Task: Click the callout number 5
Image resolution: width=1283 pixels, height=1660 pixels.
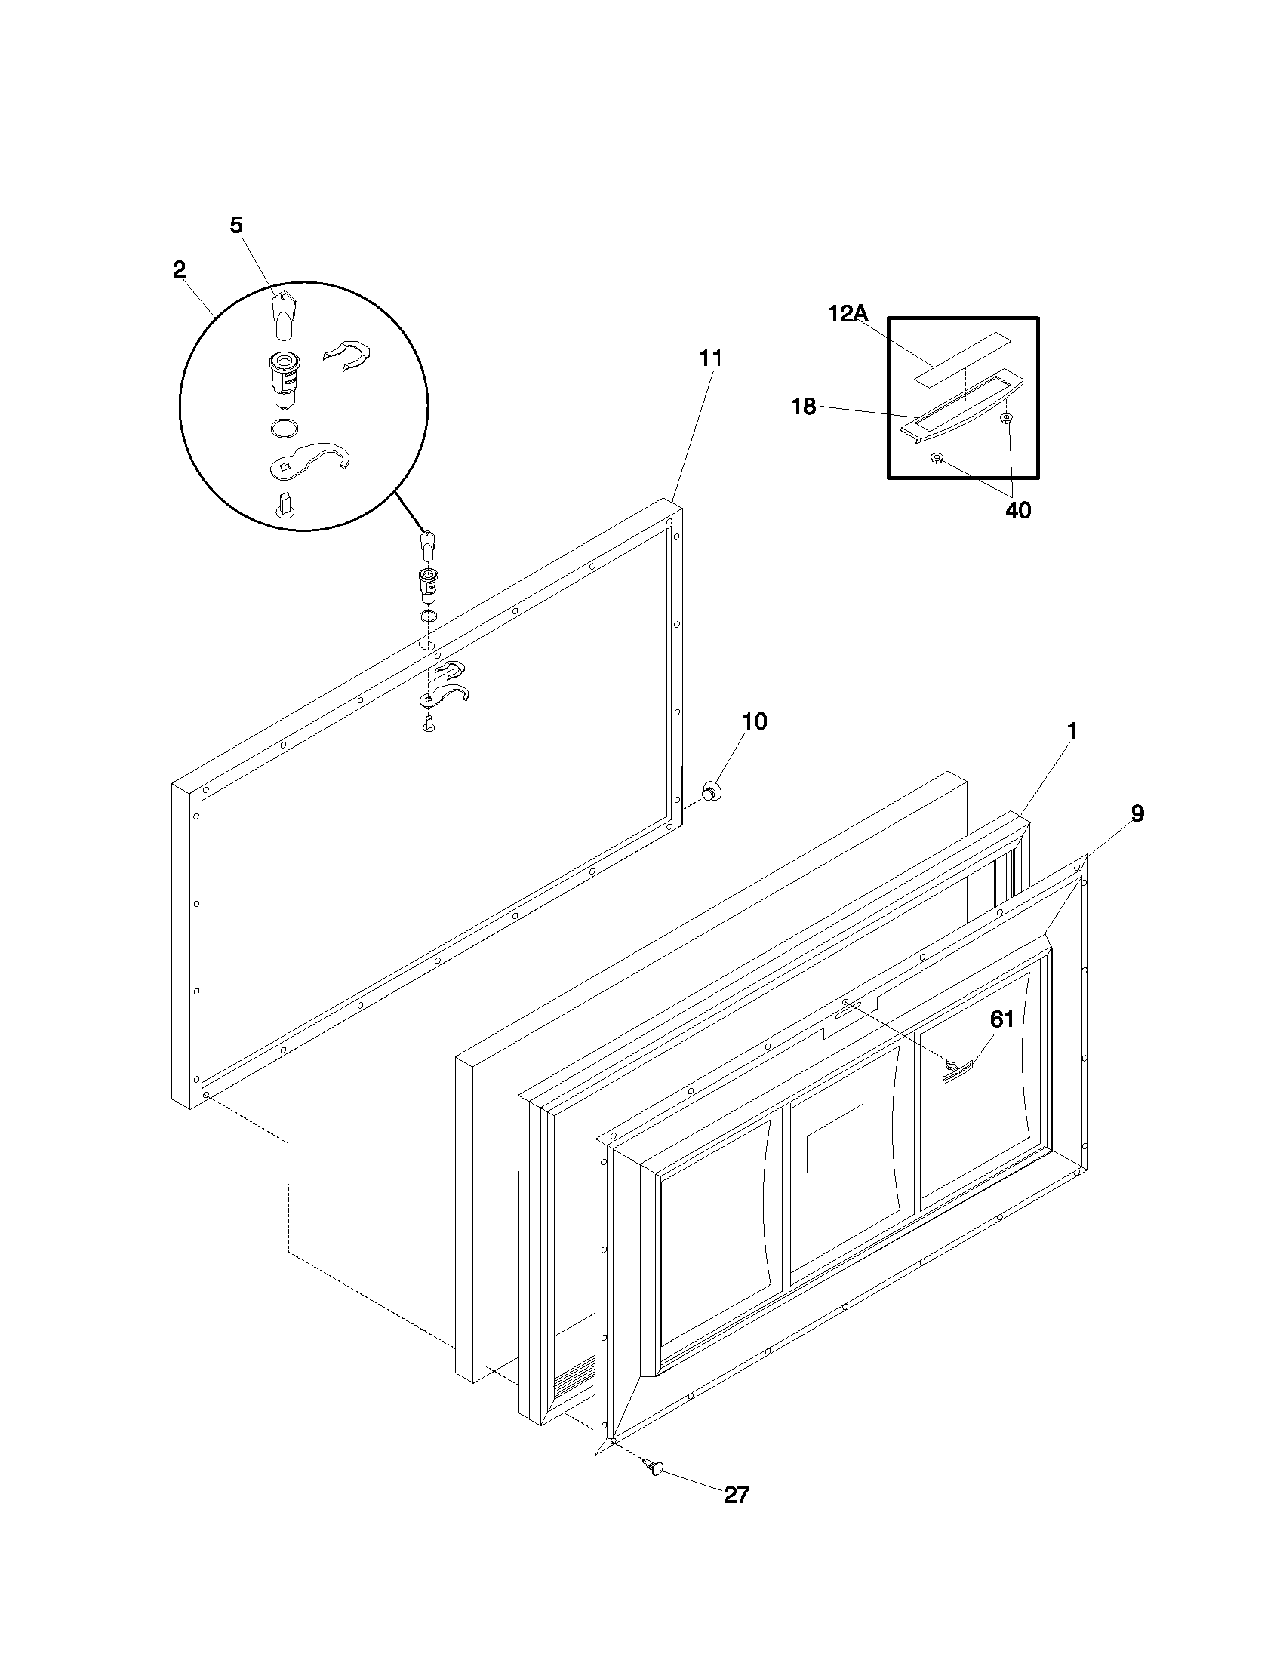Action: [236, 225]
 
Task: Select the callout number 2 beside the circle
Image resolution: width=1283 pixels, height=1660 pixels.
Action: [180, 269]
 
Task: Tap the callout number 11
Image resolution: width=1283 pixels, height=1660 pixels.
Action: [711, 357]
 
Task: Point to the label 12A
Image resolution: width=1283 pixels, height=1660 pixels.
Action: [848, 313]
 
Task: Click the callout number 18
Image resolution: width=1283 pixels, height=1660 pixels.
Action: [804, 407]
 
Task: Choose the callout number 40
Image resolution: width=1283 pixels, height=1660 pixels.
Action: [1019, 510]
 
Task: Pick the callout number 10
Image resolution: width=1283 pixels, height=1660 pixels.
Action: [754, 721]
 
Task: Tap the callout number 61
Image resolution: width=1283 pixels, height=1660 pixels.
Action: [1001, 1019]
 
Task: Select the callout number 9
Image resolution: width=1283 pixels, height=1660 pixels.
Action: [1137, 813]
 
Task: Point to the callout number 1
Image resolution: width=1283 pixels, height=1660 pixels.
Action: [1072, 731]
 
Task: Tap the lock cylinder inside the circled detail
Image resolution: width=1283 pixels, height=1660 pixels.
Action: [284, 378]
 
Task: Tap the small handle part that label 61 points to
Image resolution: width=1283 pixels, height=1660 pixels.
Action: [958, 1071]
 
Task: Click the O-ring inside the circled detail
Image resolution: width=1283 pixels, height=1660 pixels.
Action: [284, 428]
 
